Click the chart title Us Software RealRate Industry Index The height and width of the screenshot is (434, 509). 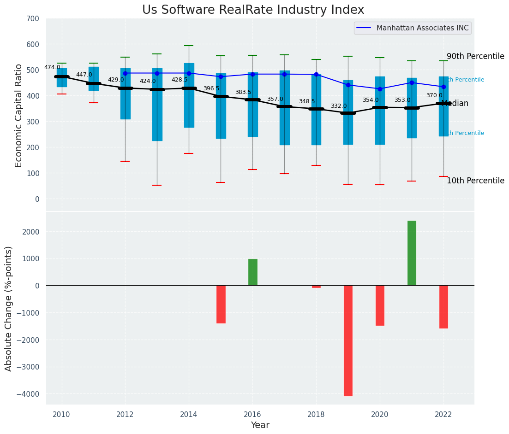(253, 10)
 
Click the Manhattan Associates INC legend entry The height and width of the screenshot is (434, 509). (422, 28)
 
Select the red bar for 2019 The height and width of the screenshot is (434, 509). (348, 340)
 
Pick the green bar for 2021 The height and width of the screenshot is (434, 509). (412, 253)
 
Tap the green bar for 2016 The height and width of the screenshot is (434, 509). (252, 272)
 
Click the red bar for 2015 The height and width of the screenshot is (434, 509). (221, 304)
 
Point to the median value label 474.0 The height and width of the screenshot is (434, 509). (52, 67)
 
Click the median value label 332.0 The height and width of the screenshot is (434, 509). (339, 106)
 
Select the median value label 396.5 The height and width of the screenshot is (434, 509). (211, 88)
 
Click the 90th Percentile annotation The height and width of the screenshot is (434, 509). (475, 56)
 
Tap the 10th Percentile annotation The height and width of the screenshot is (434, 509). (475, 181)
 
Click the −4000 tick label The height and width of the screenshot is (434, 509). (29, 394)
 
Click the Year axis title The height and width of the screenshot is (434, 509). (260, 425)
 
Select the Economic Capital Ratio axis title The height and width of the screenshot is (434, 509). (19, 115)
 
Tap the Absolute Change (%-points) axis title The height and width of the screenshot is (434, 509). (9, 308)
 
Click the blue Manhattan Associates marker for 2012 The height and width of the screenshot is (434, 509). (125, 73)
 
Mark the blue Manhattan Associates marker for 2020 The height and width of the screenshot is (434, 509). (380, 89)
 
